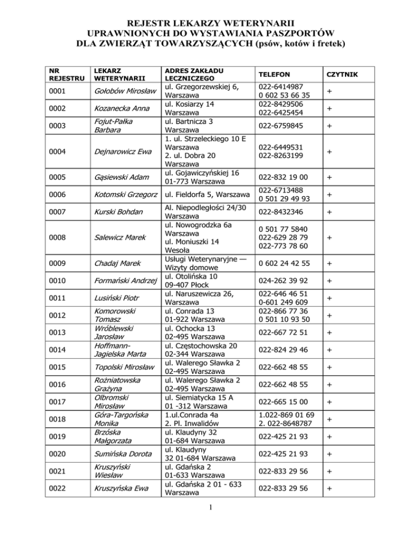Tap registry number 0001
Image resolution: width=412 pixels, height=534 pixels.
tap(57, 92)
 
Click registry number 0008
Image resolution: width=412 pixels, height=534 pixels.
tap(57, 235)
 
